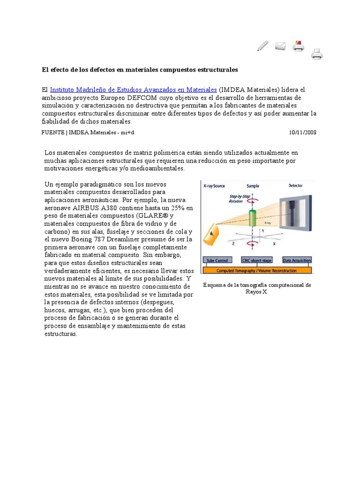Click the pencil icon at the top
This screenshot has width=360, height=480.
point(263,46)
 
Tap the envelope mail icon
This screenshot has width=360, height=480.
point(280,46)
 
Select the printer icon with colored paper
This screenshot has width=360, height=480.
point(299,46)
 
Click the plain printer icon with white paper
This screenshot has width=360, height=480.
point(317,54)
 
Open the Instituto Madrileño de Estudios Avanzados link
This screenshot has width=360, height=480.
point(133,90)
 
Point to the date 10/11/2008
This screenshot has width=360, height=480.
point(303,132)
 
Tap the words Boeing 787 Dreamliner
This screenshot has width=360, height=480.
point(102,240)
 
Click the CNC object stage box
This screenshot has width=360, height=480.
point(256,260)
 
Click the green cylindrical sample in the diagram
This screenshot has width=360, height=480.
point(253,218)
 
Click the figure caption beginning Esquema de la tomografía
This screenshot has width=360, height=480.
point(256,288)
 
